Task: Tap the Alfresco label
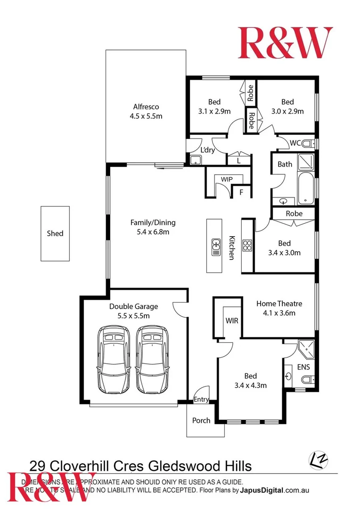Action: (x=146, y=107)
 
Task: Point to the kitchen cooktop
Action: (x=247, y=245)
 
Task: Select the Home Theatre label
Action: (x=279, y=304)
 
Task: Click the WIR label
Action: (x=232, y=321)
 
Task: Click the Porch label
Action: (x=202, y=420)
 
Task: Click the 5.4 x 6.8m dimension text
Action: (x=150, y=232)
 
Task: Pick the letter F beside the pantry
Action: (x=241, y=192)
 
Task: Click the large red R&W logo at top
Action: (x=285, y=43)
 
